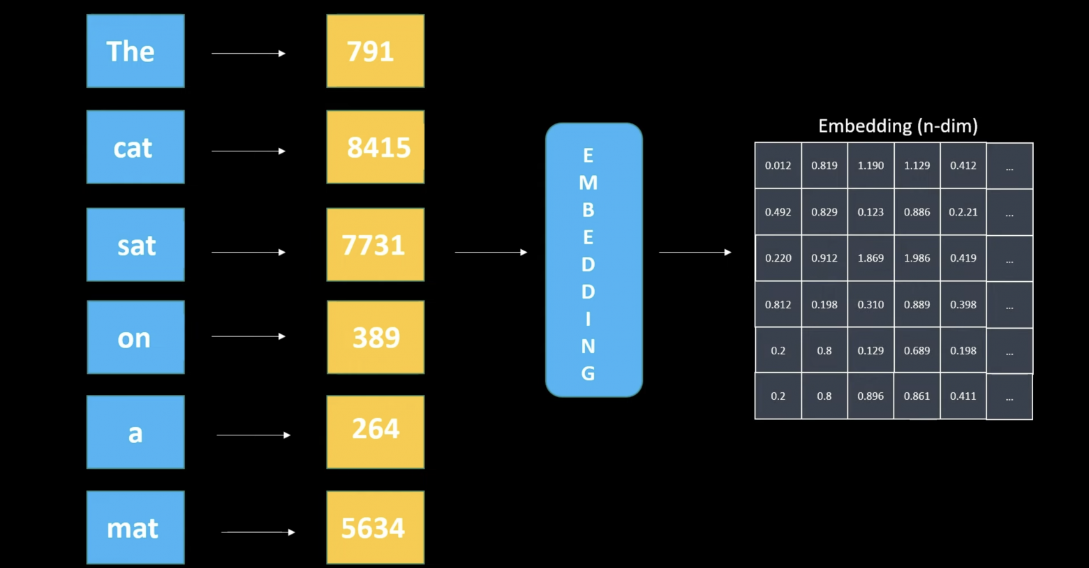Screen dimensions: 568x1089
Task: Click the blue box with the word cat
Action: tap(135, 147)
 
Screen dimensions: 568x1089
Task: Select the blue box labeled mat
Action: tap(135, 528)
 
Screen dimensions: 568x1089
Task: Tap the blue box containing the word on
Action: tap(135, 338)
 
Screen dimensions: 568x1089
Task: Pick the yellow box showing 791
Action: tap(375, 51)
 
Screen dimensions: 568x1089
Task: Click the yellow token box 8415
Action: tap(375, 147)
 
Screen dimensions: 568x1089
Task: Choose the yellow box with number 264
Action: tap(375, 432)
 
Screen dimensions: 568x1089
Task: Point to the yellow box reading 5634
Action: tap(375, 528)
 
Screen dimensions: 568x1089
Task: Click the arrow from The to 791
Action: tap(248, 54)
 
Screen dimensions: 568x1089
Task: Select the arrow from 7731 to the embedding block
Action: tap(490, 252)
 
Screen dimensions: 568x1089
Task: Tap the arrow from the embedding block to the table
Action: tap(695, 252)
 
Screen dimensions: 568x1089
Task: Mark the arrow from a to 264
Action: tap(253, 435)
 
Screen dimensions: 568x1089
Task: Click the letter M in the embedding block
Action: tap(588, 183)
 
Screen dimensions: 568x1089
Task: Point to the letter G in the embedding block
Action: tap(588, 374)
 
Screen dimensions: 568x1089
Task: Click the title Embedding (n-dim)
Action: tap(898, 126)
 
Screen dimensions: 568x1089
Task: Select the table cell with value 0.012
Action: tap(778, 165)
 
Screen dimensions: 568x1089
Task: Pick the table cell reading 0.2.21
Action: tap(963, 212)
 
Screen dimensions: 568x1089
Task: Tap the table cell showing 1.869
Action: tap(871, 258)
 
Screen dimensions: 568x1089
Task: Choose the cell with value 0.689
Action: tap(917, 350)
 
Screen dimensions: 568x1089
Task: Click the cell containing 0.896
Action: tap(871, 396)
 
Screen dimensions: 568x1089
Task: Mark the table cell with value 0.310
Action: tap(871, 304)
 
